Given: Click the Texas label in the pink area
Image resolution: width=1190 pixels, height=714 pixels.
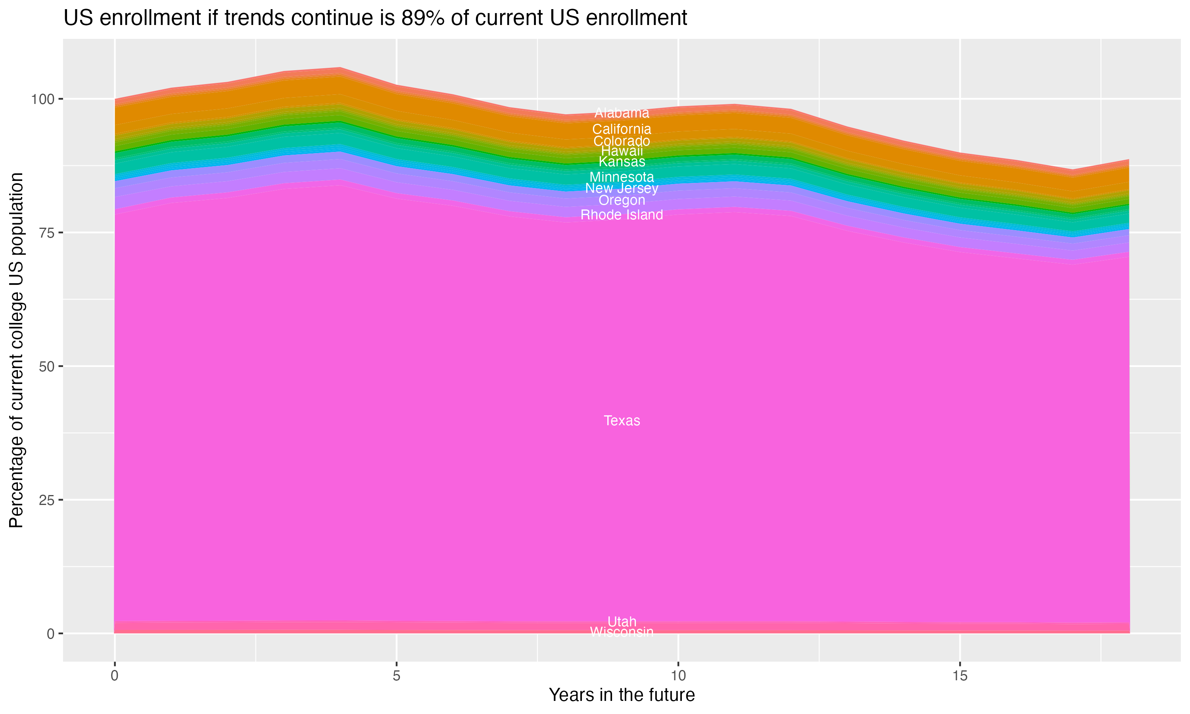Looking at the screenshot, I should tap(622, 421).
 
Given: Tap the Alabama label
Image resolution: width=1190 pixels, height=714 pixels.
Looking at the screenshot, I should tap(622, 113).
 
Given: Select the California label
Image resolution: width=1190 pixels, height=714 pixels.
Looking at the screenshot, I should tap(622, 129).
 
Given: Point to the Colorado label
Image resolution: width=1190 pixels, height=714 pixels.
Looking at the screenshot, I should tap(622, 141).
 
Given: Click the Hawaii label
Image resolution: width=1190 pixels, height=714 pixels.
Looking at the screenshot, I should tap(622, 151).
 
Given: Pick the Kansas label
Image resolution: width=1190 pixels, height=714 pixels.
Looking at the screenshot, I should tap(622, 162).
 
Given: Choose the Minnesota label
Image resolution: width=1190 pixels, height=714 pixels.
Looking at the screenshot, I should tap(622, 177).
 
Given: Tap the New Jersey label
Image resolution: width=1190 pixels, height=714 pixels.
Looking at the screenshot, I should tap(622, 188).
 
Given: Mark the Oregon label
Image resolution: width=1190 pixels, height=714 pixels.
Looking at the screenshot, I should tap(622, 200).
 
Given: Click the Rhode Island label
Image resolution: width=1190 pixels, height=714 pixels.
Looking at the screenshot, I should tap(622, 215).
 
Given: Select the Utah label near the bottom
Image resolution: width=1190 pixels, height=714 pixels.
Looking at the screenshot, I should tap(622, 621).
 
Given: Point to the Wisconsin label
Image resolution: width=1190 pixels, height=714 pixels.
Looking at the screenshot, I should tap(622, 632).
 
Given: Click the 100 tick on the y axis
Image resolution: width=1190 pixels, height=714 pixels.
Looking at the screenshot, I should tap(41, 100).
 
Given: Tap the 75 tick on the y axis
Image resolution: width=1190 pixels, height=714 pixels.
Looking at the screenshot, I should tap(45, 233).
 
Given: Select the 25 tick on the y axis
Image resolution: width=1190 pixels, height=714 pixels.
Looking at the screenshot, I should tap(45, 500).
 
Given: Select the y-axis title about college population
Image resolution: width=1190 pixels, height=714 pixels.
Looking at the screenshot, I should tap(16, 350).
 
